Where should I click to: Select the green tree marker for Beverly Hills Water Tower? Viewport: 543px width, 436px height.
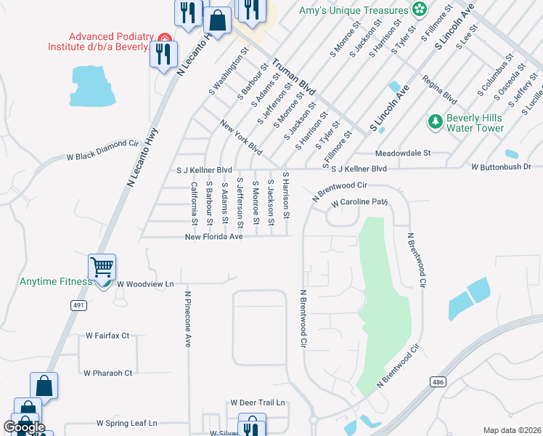coord(435,121)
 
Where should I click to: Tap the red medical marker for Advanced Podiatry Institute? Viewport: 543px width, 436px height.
coord(165,37)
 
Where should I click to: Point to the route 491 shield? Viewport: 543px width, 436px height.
coord(78,306)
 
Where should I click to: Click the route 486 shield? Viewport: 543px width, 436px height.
coord(437,381)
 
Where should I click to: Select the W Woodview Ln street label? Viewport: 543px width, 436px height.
coord(145,283)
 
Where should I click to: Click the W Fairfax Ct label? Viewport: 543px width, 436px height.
coord(107,336)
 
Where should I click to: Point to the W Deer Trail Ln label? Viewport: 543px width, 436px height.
coord(258,402)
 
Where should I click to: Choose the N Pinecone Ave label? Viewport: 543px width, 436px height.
coord(187,319)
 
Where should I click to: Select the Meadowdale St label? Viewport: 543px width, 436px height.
coord(403,153)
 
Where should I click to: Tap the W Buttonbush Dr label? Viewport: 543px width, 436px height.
coord(501,167)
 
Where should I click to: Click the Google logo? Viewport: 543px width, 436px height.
coord(24,427)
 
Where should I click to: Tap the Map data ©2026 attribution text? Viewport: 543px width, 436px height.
coord(512,430)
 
